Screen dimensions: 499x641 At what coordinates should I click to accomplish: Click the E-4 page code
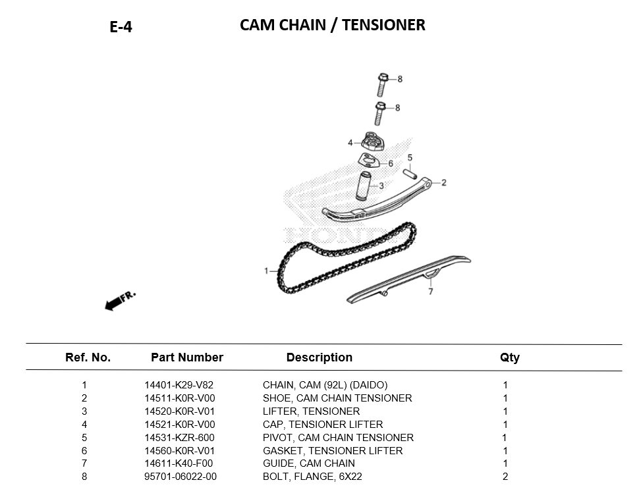pos(121,27)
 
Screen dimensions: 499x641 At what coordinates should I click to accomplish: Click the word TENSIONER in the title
pos(383,25)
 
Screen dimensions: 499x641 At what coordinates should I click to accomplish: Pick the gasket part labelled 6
pos(370,160)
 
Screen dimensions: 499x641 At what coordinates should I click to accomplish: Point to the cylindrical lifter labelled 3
pos(364,186)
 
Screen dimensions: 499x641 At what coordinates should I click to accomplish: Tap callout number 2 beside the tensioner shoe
pos(443,182)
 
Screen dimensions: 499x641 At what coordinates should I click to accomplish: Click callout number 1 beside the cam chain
pos(266,271)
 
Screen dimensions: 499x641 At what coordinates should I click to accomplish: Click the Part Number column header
pos(187,357)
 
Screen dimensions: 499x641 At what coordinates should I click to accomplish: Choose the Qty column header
pos(509,357)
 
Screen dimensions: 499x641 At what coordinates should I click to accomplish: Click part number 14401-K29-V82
pos(179,385)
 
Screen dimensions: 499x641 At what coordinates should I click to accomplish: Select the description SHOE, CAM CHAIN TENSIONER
pos(337,398)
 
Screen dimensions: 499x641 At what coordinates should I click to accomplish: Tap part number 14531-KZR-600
pos(179,438)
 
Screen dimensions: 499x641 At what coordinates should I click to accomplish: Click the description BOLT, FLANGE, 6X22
pos(312,477)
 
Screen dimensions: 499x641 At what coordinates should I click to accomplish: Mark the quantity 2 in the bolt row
pos(505,477)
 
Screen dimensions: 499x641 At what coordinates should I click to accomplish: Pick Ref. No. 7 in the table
pos(84,463)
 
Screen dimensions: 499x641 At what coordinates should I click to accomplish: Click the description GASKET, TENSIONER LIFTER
pos(333,451)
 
